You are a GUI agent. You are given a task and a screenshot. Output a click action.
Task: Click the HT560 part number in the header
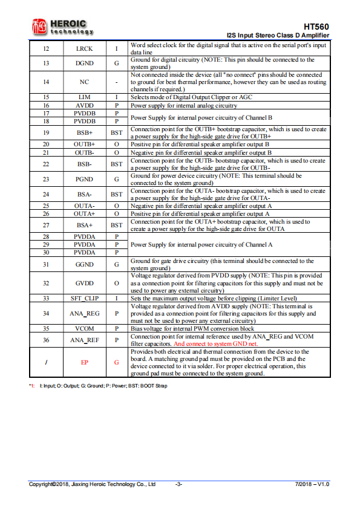click(317, 27)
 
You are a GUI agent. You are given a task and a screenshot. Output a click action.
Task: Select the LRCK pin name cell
click(84, 48)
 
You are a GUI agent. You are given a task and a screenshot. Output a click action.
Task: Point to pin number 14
click(47, 82)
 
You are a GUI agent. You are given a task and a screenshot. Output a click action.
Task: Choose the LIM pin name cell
click(84, 97)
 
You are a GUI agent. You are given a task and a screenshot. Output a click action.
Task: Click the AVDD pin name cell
click(84, 105)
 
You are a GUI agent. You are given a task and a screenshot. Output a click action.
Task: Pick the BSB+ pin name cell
click(84, 132)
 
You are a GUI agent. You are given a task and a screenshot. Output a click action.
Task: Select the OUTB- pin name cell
click(84, 153)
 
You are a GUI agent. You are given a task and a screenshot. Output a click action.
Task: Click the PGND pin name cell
click(84, 180)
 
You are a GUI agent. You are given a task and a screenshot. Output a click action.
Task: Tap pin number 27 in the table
click(47, 225)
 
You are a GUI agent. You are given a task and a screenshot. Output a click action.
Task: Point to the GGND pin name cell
click(84, 265)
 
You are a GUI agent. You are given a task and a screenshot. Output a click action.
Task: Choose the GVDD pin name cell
click(84, 283)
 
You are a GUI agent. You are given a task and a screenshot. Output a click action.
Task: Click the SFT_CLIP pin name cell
click(84, 298)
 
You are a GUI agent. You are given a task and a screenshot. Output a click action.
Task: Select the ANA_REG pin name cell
click(84, 313)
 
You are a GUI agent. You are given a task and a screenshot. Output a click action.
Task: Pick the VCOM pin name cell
click(84, 328)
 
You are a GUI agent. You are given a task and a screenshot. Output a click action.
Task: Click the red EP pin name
click(84, 363)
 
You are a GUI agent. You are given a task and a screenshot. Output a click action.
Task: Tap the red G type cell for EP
click(116, 363)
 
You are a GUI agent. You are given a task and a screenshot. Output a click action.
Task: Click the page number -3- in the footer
click(179, 484)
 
